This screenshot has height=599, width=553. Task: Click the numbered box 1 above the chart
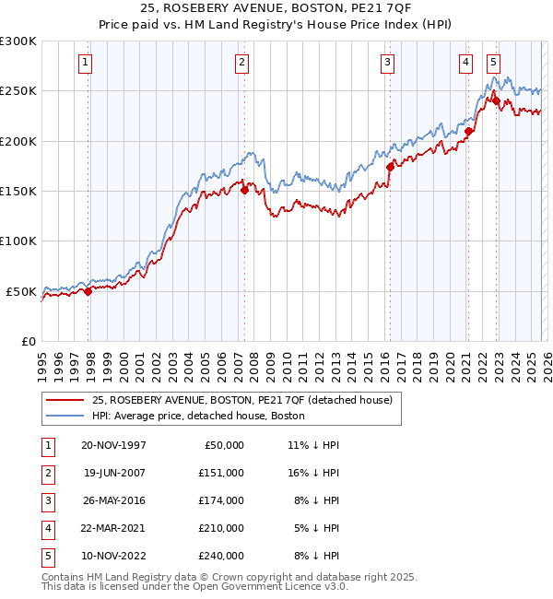(85, 63)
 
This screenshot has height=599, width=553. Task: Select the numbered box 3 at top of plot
(386, 63)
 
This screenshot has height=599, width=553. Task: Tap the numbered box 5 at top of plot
(494, 63)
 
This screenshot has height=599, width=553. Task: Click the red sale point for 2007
(245, 191)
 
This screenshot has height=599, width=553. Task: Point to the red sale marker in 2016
(390, 168)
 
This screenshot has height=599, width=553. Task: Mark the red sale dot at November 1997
(88, 291)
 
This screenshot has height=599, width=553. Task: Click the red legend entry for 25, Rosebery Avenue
(242, 400)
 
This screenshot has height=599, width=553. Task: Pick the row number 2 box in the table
(45, 473)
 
